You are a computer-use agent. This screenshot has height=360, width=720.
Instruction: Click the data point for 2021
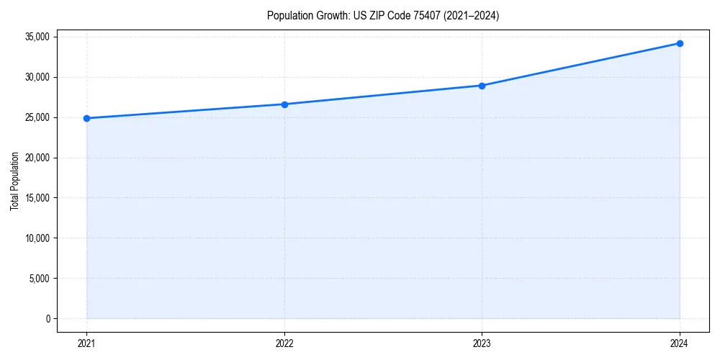coord(86,118)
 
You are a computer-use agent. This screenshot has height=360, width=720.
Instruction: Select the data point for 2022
coord(284,104)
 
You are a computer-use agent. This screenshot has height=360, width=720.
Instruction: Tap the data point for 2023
coord(482,86)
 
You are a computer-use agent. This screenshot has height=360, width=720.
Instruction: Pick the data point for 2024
coord(680,43)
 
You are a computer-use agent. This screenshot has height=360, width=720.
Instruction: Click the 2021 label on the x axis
coord(86,343)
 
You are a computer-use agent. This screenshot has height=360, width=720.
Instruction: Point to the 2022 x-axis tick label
coord(284,343)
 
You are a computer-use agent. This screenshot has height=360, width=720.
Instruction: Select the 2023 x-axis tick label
coord(482,343)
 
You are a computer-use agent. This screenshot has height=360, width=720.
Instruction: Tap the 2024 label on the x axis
coord(680,343)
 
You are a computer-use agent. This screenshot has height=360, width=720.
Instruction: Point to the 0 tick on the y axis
coord(48,319)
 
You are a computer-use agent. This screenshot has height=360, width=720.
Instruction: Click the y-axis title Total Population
coord(14,181)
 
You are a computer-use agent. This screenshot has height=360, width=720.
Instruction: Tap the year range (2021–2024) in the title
coord(471,15)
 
